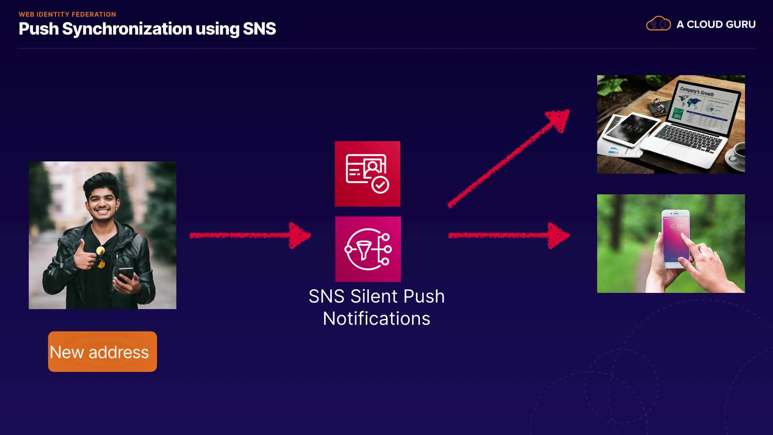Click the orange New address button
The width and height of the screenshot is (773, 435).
[102, 352]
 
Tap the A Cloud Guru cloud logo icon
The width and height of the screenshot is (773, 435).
[658, 24]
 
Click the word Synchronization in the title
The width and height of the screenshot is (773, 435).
[127, 29]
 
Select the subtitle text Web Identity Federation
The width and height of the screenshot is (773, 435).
[67, 14]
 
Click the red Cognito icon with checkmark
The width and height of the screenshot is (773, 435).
[368, 174]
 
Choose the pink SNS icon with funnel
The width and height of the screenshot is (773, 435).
[368, 249]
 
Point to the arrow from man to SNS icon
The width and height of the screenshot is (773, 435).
[250, 235]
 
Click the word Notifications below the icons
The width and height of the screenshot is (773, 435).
[376, 319]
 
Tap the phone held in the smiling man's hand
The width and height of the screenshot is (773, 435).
[126, 274]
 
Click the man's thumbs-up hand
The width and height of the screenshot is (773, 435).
[84, 255]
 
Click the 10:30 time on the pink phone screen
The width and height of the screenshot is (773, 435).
[676, 227]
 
